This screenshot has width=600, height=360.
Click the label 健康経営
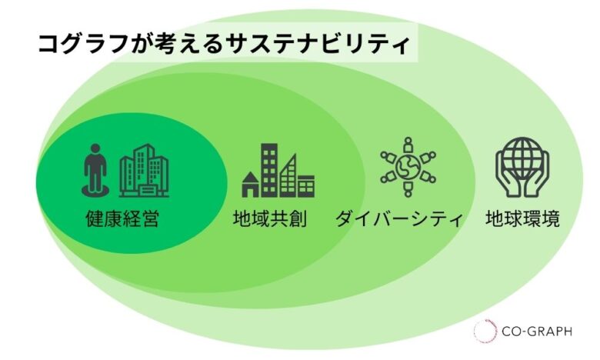(x=122, y=218)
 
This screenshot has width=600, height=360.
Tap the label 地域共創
(x=270, y=218)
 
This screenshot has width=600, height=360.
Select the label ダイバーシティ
(x=399, y=218)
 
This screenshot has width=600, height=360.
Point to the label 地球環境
(x=523, y=218)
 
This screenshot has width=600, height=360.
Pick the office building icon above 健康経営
(x=144, y=171)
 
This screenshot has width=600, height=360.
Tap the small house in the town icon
(x=251, y=185)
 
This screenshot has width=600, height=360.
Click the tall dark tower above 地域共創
(x=269, y=170)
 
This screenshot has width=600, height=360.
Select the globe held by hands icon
(x=522, y=167)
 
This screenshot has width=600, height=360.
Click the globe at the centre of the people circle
(x=408, y=167)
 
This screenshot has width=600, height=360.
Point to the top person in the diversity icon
(x=408, y=145)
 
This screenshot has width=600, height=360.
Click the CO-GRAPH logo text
(x=537, y=331)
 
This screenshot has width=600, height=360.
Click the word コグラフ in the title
(x=83, y=44)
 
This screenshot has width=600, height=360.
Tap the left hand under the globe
(x=508, y=177)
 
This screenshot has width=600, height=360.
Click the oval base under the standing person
(x=95, y=191)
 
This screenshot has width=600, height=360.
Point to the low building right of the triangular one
(x=306, y=186)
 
